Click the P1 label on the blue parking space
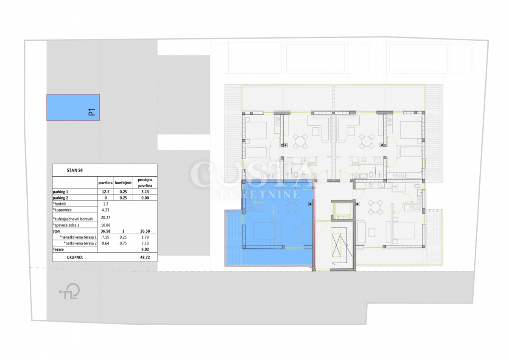click(x=92, y=112)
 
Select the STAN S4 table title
click(x=75, y=170)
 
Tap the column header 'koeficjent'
click(x=123, y=183)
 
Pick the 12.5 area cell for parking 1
click(x=106, y=192)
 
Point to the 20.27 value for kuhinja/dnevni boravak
click(x=106, y=217)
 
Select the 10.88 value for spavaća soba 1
click(x=106, y=225)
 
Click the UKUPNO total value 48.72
click(x=145, y=257)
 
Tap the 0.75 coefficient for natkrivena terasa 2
click(x=123, y=243)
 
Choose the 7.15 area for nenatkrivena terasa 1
click(x=106, y=237)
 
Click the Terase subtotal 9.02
click(x=145, y=249)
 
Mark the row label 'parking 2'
click(x=60, y=198)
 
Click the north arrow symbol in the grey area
click(x=70, y=291)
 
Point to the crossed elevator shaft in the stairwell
click(x=340, y=245)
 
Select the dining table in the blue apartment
click(x=292, y=207)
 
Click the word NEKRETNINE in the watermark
click(x=256, y=194)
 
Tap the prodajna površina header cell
click(x=145, y=183)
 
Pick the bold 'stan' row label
click(x=56, y=231)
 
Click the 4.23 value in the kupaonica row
click(x=106, y=210)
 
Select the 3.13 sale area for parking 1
click(x=145, y=192)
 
